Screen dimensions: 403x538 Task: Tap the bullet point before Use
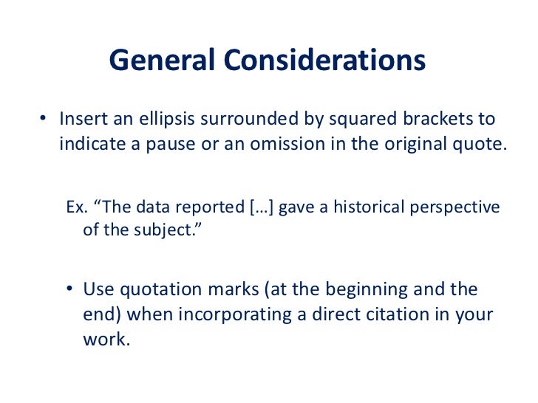coord(67,289)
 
